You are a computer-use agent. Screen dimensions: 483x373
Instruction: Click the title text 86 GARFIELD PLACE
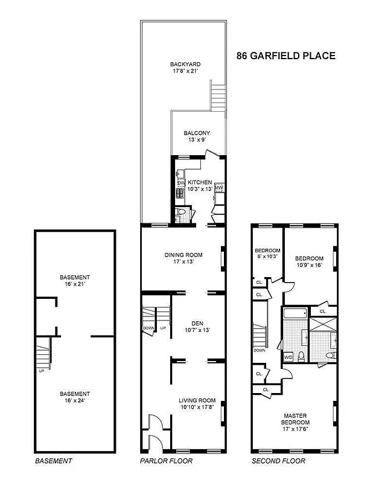[x=284, y=56]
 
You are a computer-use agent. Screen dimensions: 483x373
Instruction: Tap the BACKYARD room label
[x=185, y=64]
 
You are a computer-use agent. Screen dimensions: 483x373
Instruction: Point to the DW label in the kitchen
[x=180, y=183]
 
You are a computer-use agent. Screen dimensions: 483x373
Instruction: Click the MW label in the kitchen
[x=219, y=188]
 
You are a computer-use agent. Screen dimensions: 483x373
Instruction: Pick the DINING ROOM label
[x=183, y=255]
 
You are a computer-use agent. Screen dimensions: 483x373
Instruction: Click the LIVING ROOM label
[x=197, y=400]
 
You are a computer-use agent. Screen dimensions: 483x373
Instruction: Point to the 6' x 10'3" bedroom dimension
[x=267, y=257]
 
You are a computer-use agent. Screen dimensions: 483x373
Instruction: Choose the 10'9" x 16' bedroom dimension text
[x=310, y=264]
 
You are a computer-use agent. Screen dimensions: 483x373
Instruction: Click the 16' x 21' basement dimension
[x=74, y=284]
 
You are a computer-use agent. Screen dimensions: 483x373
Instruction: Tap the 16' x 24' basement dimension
[x=74, y=401]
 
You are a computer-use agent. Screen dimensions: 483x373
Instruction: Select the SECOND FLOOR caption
[x=278, y=461]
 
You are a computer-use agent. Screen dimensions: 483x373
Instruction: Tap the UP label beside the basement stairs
[x=41, y=371]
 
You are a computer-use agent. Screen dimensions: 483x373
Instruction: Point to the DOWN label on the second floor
[x=259, y=350]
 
